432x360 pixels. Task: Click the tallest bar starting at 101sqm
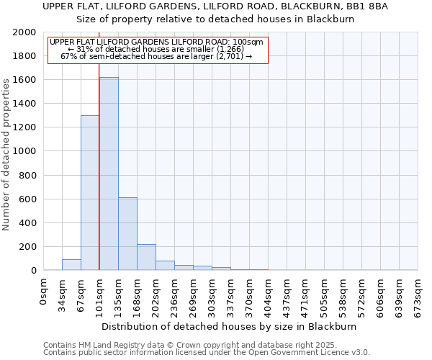109,174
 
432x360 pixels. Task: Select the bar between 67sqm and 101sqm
90,193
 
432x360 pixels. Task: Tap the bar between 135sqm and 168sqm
127,234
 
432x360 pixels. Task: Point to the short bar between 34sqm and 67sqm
71,264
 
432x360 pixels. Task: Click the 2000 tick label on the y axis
24,32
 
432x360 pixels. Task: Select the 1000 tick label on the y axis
24,151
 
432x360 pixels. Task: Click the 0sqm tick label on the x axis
44,293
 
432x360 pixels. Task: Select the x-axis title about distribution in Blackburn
229,326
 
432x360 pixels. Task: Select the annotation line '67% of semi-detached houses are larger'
156,56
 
